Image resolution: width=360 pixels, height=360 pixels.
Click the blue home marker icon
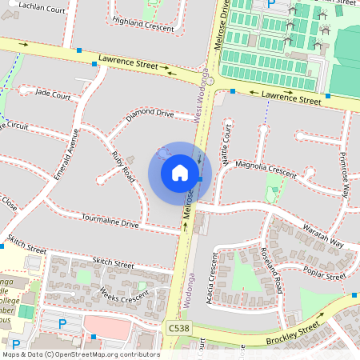click(x=180, y=173)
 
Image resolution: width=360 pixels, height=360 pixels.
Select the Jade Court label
click(x=53, y=94)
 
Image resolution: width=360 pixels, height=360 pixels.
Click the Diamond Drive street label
click(x=150, y=114)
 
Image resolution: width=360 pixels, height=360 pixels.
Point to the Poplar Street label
click(x=326, y=275)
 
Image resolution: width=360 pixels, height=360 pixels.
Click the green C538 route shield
click(x=179, y=329)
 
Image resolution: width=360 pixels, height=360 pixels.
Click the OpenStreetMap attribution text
click(x=80, y=354)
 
